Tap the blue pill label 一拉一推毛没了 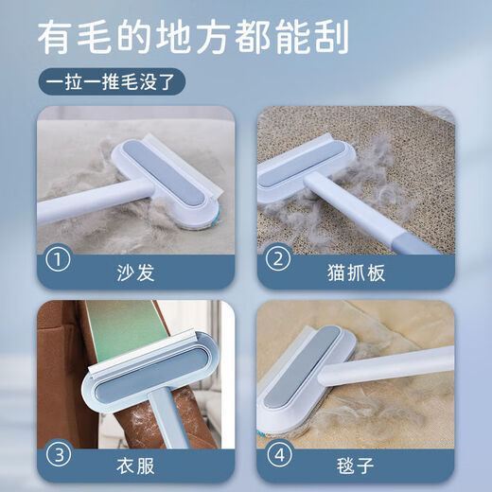(116, 84)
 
